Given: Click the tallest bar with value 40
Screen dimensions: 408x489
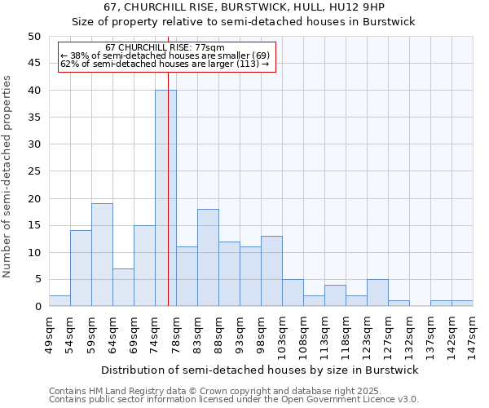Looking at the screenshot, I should point(165,198).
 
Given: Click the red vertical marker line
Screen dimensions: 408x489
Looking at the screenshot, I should point(168,204).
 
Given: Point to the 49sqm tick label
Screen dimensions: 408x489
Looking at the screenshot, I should point(49,333).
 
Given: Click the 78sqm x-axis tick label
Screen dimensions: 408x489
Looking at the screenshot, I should point(176,333).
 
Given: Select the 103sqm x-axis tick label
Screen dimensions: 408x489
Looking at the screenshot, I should point(282,335).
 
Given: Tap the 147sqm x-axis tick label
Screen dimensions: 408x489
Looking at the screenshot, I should point(473,335).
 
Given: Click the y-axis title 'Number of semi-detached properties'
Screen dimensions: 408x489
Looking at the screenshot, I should point(8,176).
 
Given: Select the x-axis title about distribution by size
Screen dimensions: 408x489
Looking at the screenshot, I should point(260,370).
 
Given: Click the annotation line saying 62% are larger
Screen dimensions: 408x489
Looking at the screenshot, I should point(165,64).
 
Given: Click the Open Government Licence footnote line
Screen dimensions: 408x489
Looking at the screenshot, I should point(233,400).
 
